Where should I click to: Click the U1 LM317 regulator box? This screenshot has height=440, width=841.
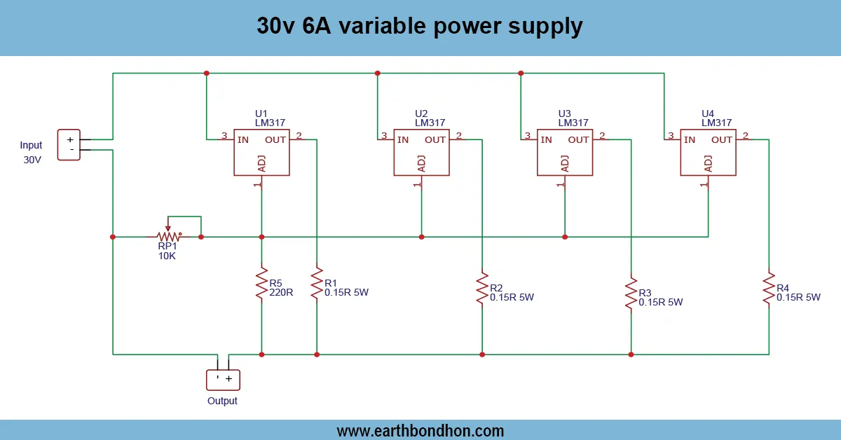coord(261,152)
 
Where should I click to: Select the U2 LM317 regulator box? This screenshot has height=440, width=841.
coord(421,152)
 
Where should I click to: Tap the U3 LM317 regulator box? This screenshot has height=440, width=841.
coord(565,152)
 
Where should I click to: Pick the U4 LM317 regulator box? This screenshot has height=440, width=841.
coord(708,152)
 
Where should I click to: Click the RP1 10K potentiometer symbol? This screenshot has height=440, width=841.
coord(167,236)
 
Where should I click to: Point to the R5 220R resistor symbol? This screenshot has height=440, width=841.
coord(261,282)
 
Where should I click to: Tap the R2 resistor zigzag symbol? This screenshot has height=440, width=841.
coord(481,288)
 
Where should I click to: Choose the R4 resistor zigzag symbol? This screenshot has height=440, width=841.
coord(769,288)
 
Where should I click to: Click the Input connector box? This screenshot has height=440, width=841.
coord(69,144)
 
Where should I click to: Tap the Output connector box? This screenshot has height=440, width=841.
coord(223,380)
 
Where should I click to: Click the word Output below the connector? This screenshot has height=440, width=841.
coord(222,401)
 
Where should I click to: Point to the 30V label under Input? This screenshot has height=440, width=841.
coord(32,160)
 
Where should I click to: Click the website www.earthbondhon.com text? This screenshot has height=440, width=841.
coord(420,430)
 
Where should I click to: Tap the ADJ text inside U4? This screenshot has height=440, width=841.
coord(708,163)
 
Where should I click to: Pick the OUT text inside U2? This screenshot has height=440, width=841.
coord(435,139)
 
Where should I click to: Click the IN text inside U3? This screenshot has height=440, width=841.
coord(546,139)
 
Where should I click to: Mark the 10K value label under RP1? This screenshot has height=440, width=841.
coord(167,256)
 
